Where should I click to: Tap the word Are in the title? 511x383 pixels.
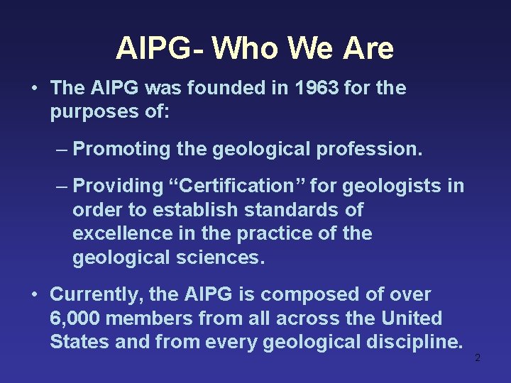(368, 48)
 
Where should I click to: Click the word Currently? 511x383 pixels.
(92, 294)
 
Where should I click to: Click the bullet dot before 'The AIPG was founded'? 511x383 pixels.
(34, 89)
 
